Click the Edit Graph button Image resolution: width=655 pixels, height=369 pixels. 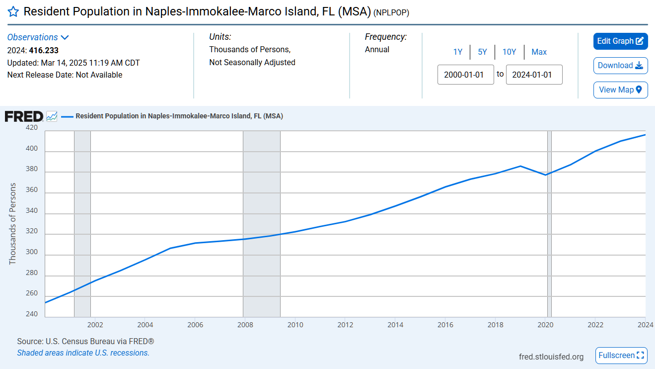pyautogui.click(x=620, y=41)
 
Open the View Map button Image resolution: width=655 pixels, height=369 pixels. pyautogui.click(x=620, y=90)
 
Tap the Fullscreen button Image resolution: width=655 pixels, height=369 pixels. pyautogui.click(x=621, y=356)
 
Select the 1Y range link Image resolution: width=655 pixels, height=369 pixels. pyautogui.click(x=458, y=52)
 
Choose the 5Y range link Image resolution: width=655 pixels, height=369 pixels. pyautogui.click(x=482, y=52)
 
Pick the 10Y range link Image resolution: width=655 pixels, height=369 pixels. pyautogui.click(x=509, y=52)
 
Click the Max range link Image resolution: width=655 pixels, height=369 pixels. pyautogui.click(x=539, y=52)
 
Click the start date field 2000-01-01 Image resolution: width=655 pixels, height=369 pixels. pyautogui.click(x=465, y=75)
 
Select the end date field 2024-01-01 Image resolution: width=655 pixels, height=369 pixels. pyautogui.click(x=534, y=75)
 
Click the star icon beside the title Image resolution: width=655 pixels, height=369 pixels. pyautogui.click(x=13, y=12)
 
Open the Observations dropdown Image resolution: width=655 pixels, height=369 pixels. pyautogui.click(x=38, y=37)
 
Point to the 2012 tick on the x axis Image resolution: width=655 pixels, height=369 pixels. pyautogui.click(x=345, y=325)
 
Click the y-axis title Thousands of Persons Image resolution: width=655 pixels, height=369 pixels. pyautogui.click(x=13, y=224)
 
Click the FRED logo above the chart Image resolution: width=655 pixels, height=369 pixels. pyautogui.click(x=24, y=116)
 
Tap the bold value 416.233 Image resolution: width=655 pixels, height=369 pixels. pyautogui.click(x=44, y=50)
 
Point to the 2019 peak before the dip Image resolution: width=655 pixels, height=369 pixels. pyautogui.click(x=520, y=166)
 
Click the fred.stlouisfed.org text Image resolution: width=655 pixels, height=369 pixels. pyautogui.click(x=551, y=357)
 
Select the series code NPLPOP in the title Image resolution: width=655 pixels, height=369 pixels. pyautogui.click(x=391, y=13)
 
